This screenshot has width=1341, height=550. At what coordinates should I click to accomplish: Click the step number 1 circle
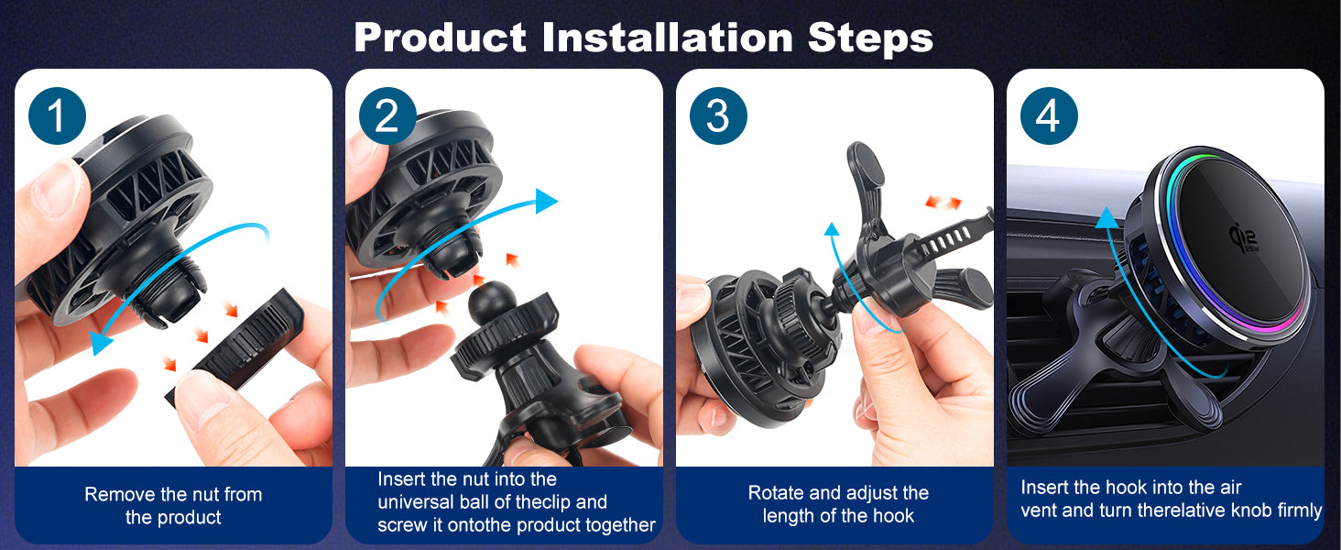click(x=57, y=115)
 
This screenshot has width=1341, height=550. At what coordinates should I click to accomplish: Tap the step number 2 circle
click(x=387, y=115)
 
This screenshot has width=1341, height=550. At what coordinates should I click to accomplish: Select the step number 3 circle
click(x=718, y=115)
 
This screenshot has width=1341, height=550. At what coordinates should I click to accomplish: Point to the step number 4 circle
click(x=1048, y=115)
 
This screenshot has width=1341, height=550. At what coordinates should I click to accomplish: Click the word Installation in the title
click(x=668, y=38)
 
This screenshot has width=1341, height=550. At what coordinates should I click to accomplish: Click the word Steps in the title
click(x=870, y=39)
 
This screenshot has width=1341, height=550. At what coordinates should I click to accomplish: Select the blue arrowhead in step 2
click(x=546, y=201)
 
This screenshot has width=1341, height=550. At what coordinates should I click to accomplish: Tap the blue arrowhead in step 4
click(x=1107, y=218)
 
